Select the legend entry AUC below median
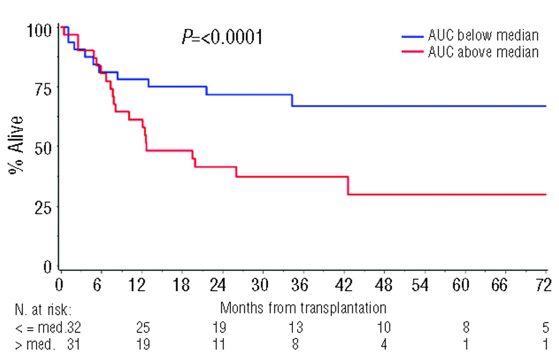point(483,35)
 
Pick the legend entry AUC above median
point(483,52)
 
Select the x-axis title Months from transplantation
point(303,308)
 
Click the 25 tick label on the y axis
point(44,207)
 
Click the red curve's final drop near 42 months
point(348,186)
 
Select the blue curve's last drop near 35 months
point(292,100)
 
